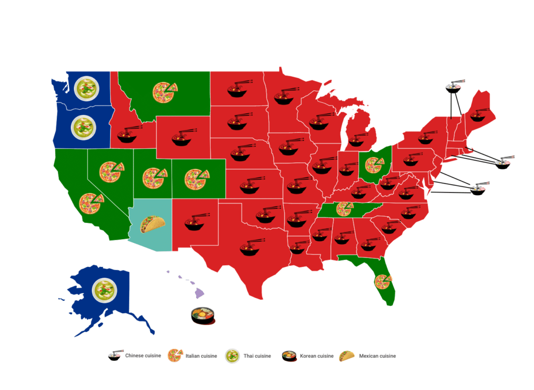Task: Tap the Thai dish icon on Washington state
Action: (x=86, y=88)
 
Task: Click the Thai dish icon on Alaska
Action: (x=104, y=290)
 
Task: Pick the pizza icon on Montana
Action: (x=164, y=92)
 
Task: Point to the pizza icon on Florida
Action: (x=383, y=282)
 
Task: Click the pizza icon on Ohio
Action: (x=374, y=165)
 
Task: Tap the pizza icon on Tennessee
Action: (x=344, y=209)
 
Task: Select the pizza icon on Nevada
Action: (x=112, y=171)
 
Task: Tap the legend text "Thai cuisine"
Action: (x=257, y=356)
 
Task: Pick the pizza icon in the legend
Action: (x=174, y=356)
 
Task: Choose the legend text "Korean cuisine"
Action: (x=316, y=356)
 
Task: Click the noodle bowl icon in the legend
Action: (x=115, y=356)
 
